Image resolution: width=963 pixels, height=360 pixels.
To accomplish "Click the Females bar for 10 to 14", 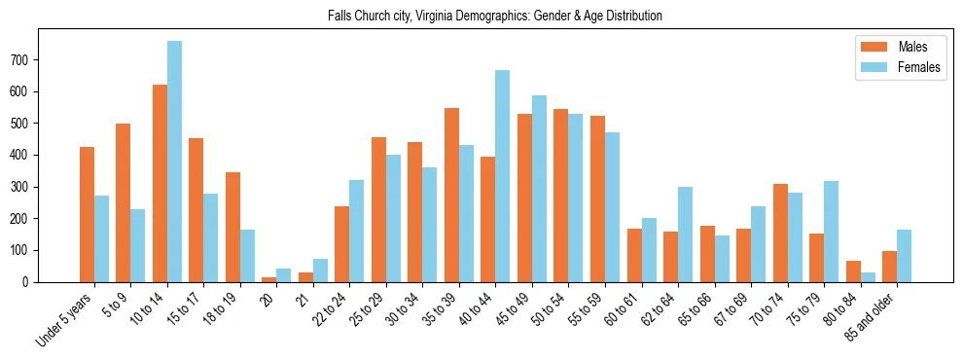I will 174,162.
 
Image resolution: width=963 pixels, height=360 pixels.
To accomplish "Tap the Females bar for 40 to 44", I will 502,176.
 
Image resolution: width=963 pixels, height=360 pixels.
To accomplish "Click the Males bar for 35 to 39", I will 451,195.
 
